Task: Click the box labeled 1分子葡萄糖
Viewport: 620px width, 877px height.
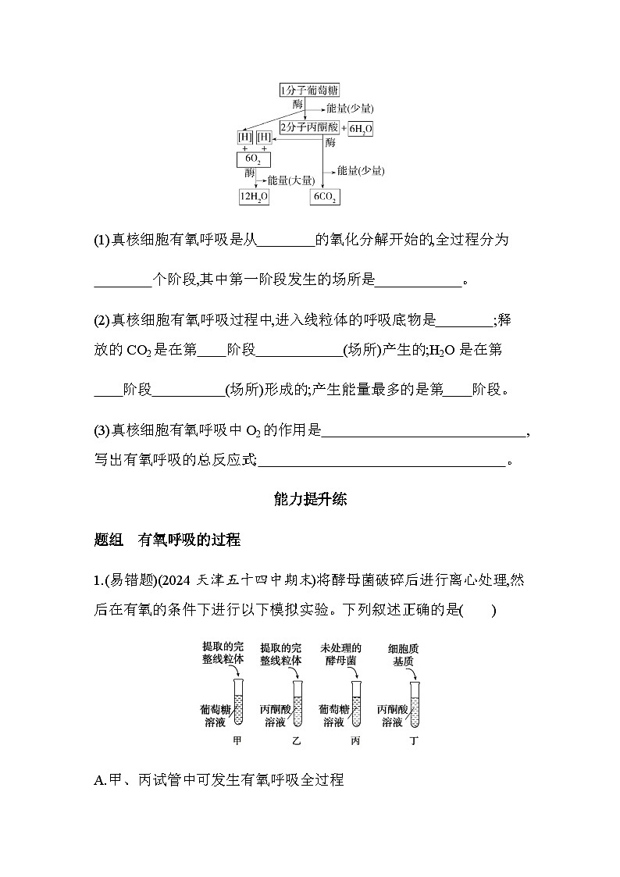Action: (309, 91)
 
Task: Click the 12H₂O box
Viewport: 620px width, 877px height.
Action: (254, 198)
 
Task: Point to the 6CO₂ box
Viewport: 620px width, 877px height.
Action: (325, 198)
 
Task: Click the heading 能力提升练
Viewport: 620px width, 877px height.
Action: (310, 500)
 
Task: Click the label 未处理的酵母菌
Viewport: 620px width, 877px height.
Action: (341, 654)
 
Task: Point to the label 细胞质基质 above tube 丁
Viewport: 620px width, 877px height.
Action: (404, 654)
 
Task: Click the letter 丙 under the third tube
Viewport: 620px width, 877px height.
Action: (356, 740)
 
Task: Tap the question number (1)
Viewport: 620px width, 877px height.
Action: (102, 241)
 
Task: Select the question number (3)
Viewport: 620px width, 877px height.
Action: (102, 430)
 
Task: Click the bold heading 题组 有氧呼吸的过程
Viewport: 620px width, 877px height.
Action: (166, 540)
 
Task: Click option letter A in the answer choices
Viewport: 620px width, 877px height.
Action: (98, 779)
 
